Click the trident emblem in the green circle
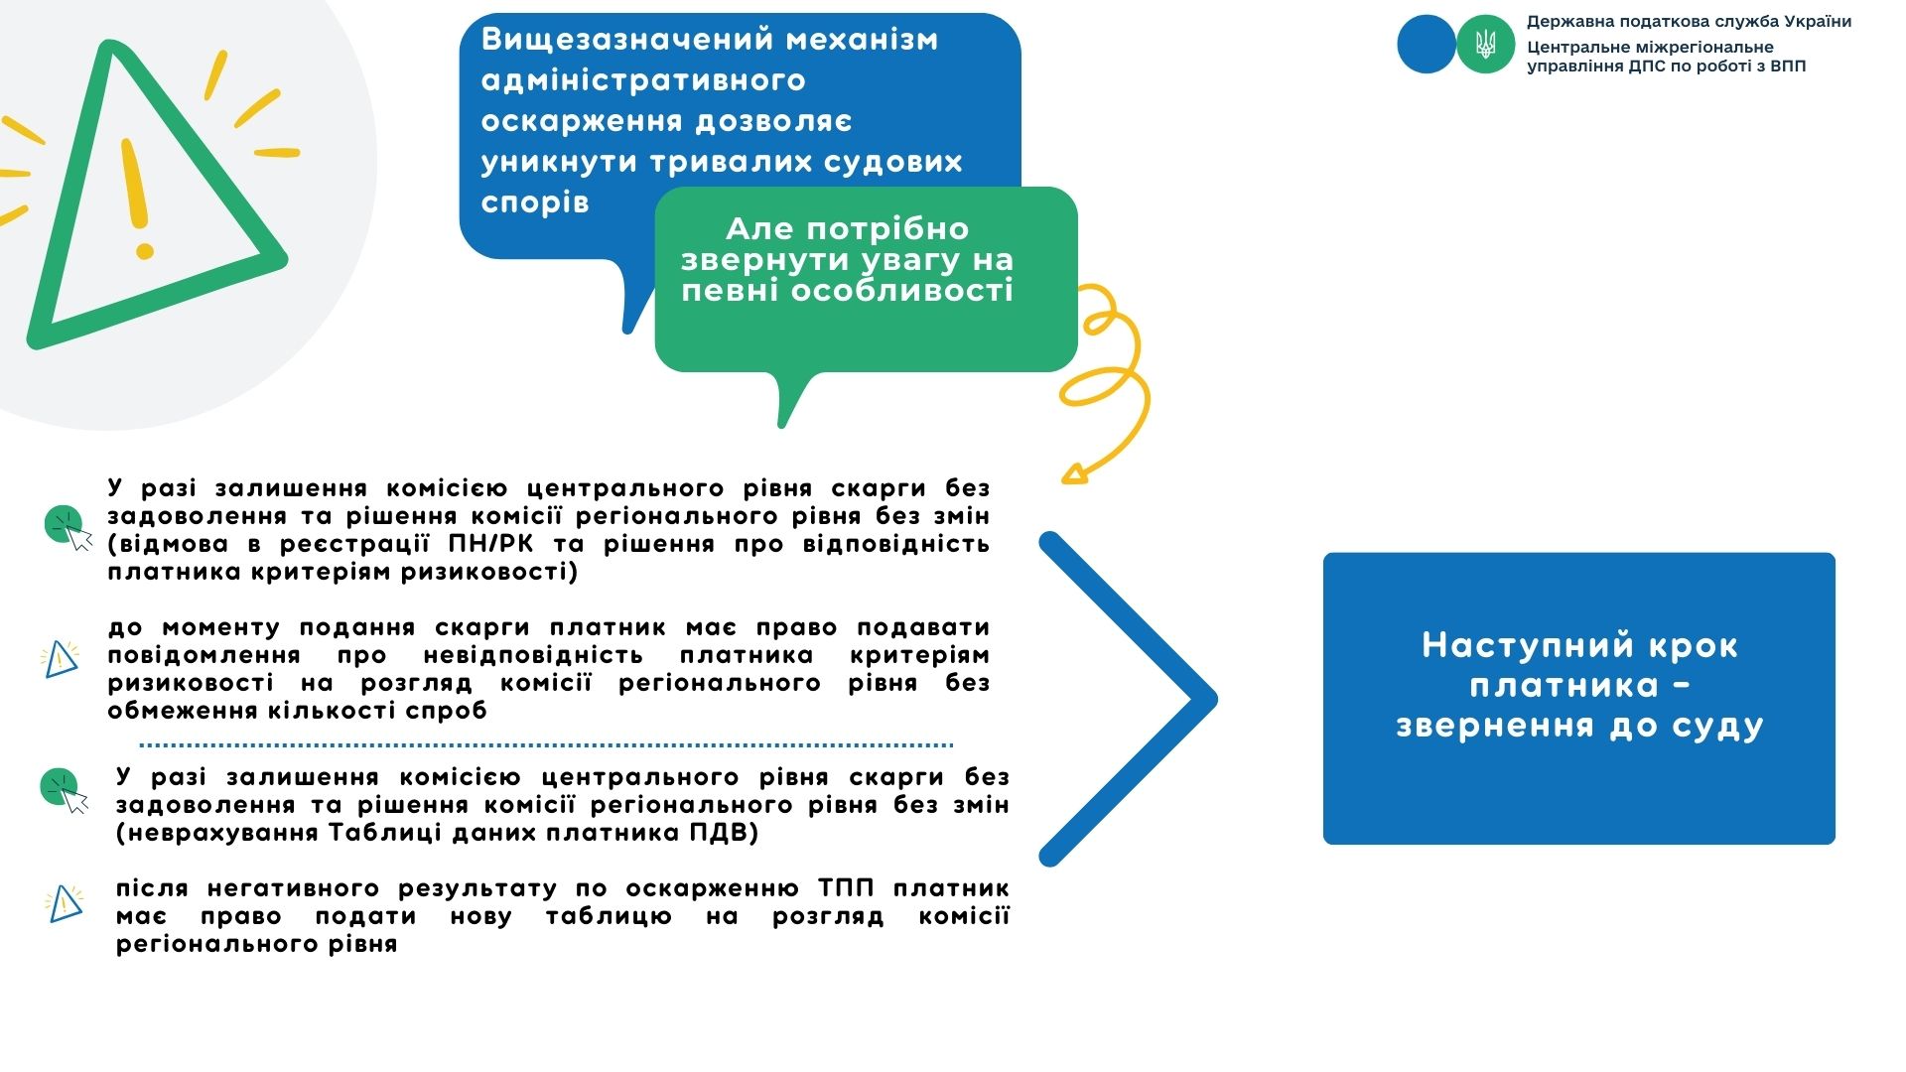tap(1485, 44)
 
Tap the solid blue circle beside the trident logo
tap(1427, 44)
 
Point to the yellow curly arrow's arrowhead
tap(1074, 472)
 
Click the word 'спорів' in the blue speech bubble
tap(535, 202)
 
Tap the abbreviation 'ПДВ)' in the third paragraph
tap(725, 832)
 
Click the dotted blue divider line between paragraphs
tap(546, 744)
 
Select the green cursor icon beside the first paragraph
tap(68, 527)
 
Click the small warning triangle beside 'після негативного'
tap(65, 903)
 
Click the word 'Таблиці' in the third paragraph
tap(388, 832)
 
